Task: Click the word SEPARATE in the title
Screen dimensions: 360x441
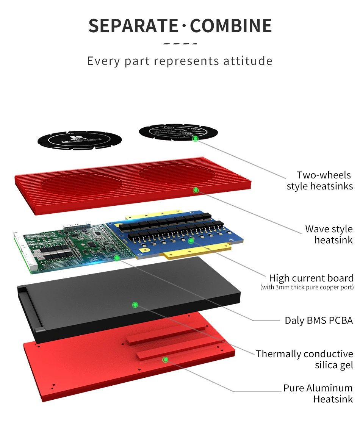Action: (133, 25)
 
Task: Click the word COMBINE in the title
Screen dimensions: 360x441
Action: (231, 25)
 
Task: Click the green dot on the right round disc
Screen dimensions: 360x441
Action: (195, 139)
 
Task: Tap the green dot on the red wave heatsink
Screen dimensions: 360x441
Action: (196, 190)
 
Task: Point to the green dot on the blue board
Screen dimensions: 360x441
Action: (191, 241)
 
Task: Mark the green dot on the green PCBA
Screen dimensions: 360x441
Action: (117, 258)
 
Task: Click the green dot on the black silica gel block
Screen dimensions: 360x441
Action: (135, 305)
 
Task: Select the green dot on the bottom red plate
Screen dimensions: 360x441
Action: (165, 359)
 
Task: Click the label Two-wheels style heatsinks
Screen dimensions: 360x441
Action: (319, 181)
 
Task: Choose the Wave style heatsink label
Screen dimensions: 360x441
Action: (329, 234)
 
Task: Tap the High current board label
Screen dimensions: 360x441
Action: (311, 278)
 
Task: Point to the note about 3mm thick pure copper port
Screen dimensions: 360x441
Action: (307, 287)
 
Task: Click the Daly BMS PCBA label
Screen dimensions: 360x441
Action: (318, 321)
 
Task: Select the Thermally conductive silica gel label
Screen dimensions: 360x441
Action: (304, 359)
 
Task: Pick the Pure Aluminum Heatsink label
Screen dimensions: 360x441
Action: (318, 393)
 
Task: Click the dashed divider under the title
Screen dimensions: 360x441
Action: (180, 44)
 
